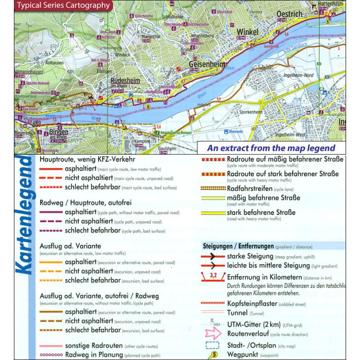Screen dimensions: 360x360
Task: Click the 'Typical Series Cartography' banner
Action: click(63, 6)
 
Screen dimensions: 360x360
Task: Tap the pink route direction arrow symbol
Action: click(213, 333)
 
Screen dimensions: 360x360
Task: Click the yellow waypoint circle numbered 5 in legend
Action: click(213, 354)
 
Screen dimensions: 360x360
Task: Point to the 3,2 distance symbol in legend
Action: click(212, 277)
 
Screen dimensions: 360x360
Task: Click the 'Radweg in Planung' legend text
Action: click(94, 355)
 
